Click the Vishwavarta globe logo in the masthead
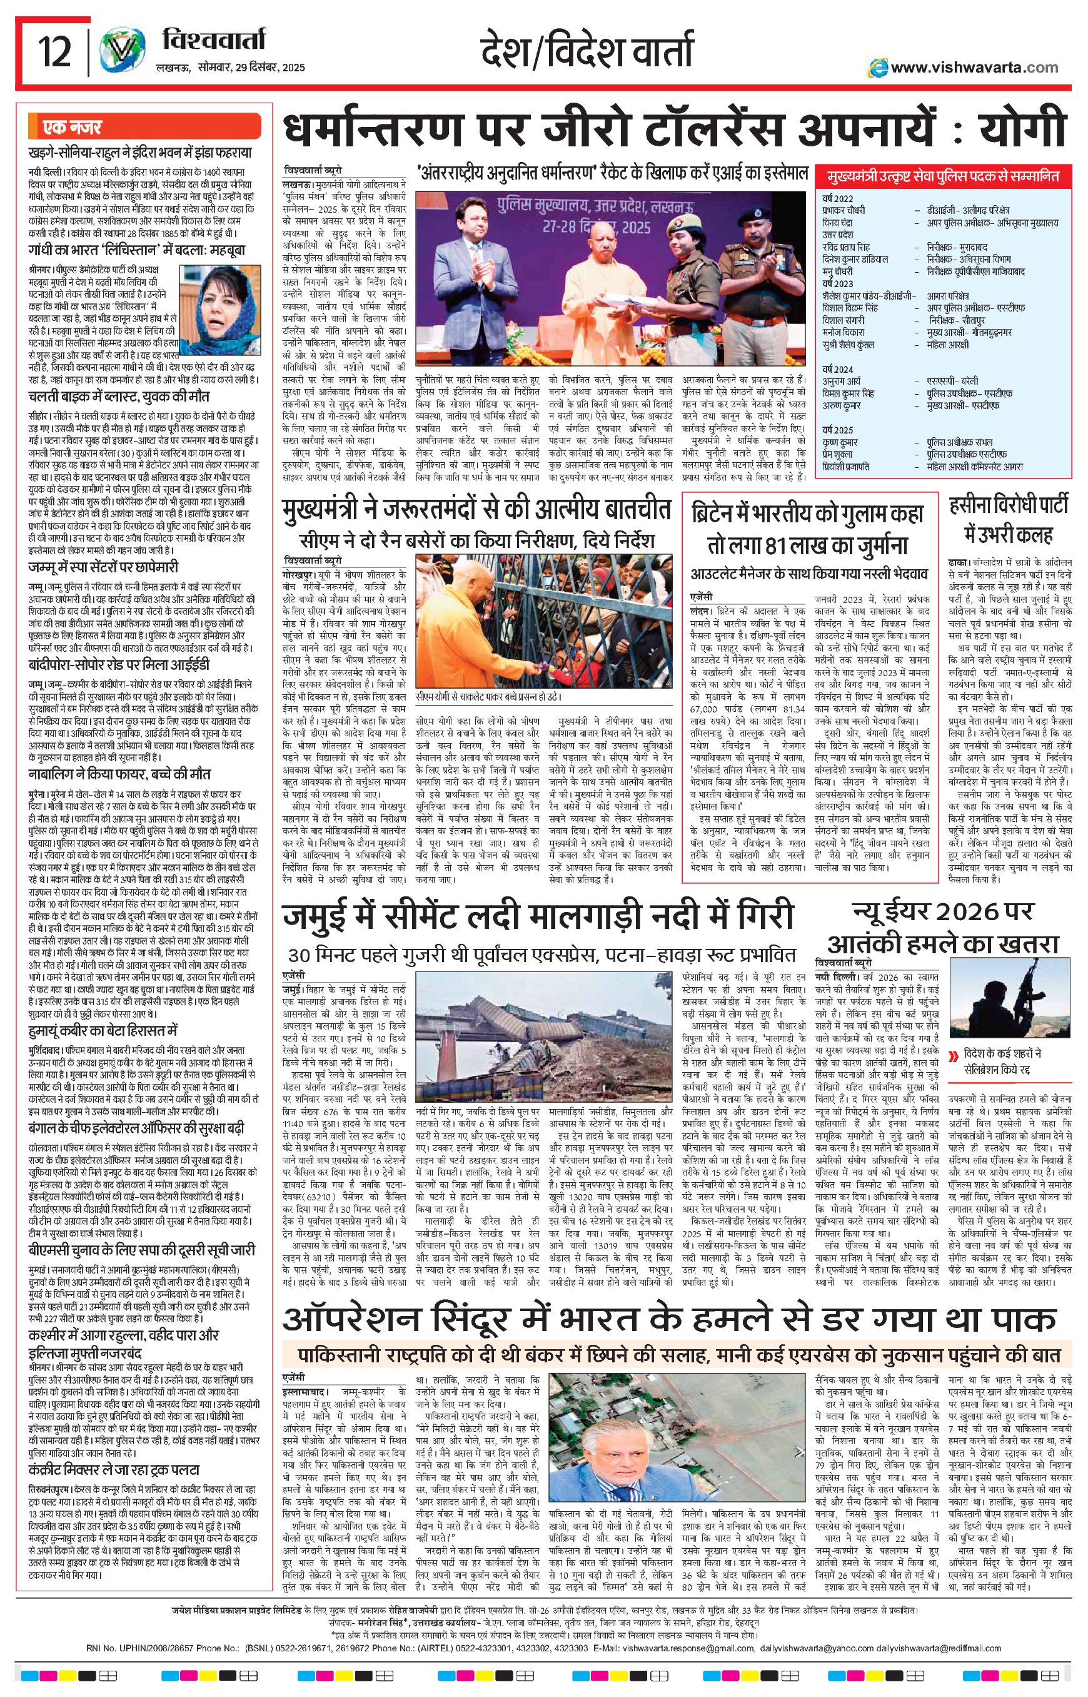118,53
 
